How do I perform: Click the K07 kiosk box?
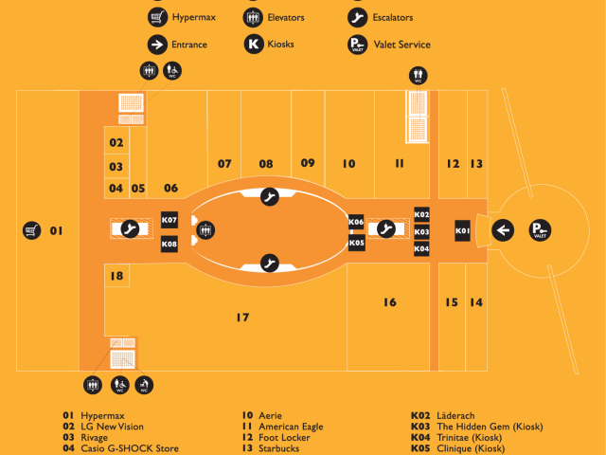169,220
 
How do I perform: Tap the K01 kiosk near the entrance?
462,230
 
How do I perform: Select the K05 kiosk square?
356,243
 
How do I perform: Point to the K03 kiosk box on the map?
421,231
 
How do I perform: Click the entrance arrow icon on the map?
503,230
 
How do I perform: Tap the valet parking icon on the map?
540,230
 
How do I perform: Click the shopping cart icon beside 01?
31,230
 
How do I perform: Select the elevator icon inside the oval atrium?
205,230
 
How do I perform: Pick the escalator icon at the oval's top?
269,197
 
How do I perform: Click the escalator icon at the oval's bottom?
269,264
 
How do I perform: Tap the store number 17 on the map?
242,318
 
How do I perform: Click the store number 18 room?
116,276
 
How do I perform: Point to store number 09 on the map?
308,163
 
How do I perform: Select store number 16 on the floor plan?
390,302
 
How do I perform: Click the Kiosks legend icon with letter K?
254,45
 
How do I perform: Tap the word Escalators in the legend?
393,17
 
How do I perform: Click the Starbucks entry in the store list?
271,448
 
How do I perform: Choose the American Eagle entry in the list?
282,427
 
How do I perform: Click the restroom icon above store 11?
419,76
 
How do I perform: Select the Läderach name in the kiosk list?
455,415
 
